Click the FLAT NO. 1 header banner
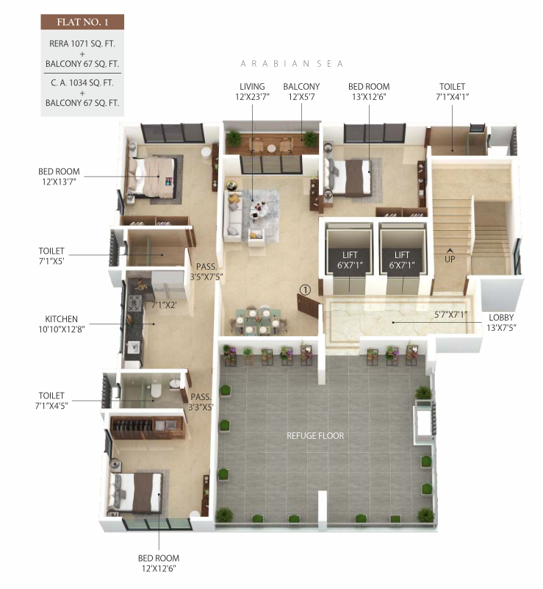82,22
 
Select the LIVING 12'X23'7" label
252,92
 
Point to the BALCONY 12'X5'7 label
303,92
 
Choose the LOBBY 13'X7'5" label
503,323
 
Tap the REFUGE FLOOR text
315,436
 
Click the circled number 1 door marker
306,290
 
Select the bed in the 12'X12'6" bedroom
137,490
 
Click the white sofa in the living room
232,215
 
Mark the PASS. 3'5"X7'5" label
205,273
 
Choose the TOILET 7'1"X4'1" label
452,92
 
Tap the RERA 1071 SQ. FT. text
82,43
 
